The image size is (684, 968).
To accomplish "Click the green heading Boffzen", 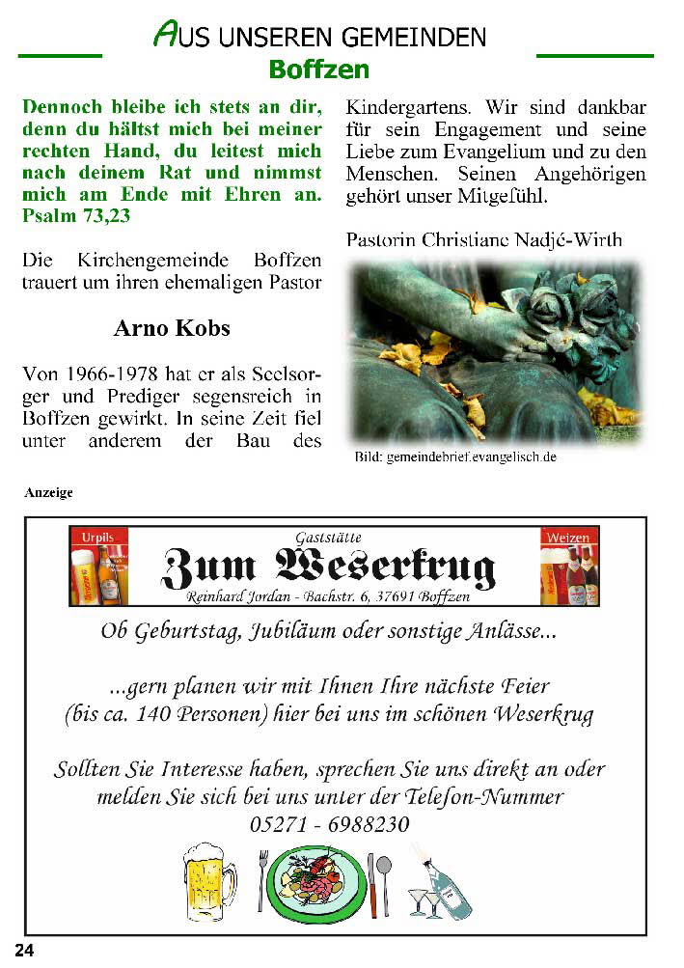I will click(318, 69).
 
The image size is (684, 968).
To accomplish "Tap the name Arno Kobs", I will click(172, 328).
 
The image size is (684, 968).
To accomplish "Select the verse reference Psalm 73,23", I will click(76, 216).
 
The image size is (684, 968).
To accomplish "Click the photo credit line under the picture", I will click(455, 457).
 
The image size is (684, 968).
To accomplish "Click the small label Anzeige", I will click(48, 492).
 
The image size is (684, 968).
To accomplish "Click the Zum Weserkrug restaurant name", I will click(328, 567).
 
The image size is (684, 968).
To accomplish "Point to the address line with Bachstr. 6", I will click(328, 597).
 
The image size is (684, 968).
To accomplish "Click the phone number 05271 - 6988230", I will click(329, 825).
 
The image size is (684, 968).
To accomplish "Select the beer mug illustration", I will click(209, 879).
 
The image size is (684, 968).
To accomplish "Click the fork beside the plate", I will click(261, 879).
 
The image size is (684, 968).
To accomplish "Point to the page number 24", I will click(24, 951).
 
